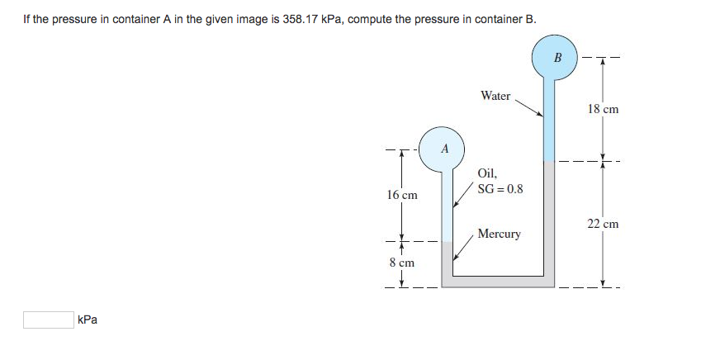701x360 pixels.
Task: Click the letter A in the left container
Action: point(445,149)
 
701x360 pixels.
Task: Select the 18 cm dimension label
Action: point(603,109)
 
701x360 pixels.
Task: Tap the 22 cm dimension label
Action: point(603,224)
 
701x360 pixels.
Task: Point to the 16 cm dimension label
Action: point(402,196)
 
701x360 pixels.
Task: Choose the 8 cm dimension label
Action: point(402,263)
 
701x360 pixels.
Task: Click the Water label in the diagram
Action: point(495,96)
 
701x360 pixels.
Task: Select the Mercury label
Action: point(499,234)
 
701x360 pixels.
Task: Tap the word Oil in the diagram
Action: point(487,173)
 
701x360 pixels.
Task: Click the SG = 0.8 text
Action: point(500,189)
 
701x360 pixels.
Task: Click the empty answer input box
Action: point(48,320)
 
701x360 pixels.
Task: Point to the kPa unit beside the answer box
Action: point(87,320)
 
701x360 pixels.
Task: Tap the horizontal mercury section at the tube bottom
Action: point(495,281)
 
